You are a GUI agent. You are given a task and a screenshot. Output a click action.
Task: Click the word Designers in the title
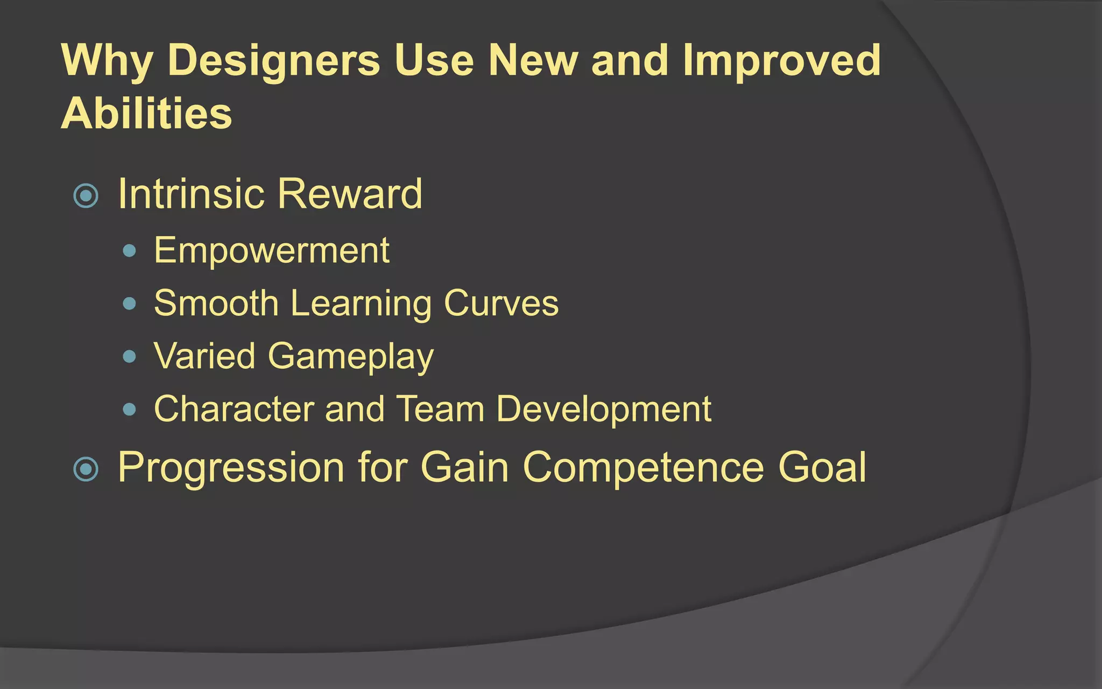pos(273,60)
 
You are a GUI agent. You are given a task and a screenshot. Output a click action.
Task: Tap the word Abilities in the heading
pos(146,114)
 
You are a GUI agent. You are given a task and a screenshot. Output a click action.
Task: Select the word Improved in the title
pos(781,60)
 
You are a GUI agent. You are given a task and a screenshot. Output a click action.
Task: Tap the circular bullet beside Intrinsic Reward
pos(86,195)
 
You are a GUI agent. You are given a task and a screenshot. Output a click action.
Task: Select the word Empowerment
pos(271,251)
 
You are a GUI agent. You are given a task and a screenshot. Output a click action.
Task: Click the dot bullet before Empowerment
pos(129,250)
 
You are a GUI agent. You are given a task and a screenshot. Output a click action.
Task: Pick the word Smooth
pos(216,303)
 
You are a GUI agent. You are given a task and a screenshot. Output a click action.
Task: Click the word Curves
pos(501,303)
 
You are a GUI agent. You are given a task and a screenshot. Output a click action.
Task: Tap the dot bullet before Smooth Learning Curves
pos(129,303)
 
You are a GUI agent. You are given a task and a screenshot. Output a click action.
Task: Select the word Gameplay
pos(350,356)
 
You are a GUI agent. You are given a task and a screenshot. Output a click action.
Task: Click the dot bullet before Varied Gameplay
pos(129,356)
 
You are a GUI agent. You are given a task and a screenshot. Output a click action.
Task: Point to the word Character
pos(234,409)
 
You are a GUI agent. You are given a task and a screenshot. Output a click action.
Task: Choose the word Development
pos(603,409)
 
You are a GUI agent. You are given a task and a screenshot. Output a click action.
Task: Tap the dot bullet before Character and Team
pos(129,409)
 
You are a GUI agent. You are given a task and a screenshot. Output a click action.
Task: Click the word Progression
pos(231,467)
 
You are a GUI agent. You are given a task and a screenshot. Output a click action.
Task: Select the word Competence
pos(643,467)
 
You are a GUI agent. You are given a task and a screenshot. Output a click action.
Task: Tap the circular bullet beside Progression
pos(86,468)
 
